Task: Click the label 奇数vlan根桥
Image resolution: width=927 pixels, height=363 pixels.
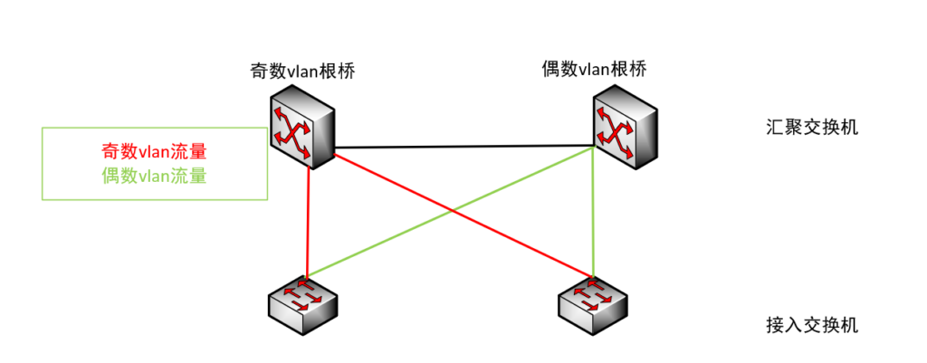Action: point(301,72)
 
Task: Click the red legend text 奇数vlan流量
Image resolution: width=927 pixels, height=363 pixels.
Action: point(154,152)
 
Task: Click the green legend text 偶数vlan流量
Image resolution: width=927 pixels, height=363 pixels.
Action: point(154,176)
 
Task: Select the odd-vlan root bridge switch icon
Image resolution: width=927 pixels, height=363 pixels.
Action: point(303,127)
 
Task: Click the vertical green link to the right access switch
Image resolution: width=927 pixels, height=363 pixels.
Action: point(593,217)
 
